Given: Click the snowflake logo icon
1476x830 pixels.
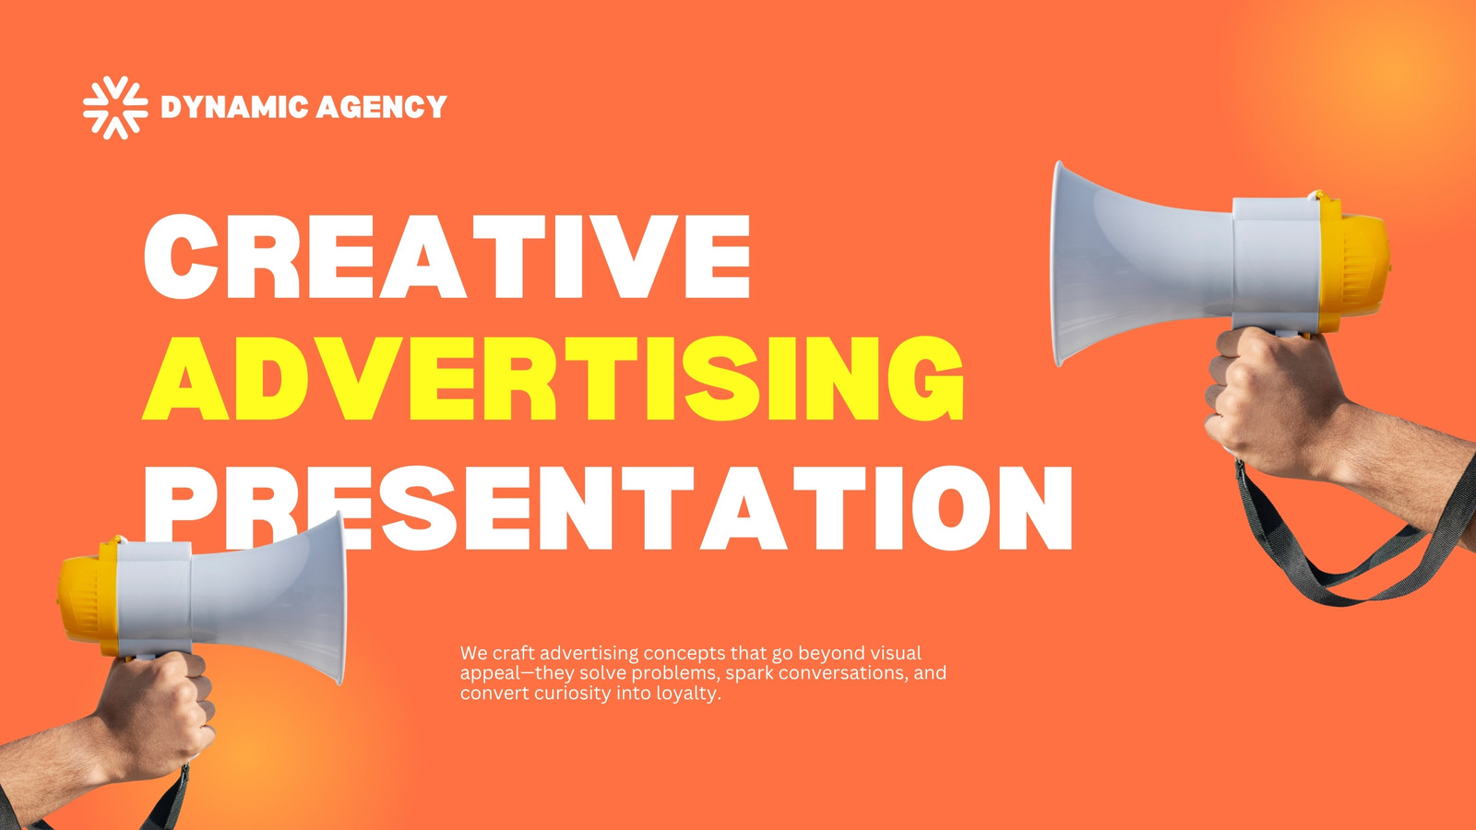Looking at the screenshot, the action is [x=115, y=107].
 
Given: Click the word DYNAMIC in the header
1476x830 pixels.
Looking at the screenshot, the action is [x=234, y=107].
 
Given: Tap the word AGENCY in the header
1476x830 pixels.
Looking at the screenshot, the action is [x=382, y=107].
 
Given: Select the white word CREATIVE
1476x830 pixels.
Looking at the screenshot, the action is [x=446, y=257].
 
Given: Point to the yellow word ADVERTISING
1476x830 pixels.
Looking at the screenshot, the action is [x=553, y=378].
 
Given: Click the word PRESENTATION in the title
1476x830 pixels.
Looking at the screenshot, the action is [x=608, y=508].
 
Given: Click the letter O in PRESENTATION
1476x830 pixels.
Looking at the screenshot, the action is [x=954, y=508].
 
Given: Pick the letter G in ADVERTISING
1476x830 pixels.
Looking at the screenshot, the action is [x=926, y=378].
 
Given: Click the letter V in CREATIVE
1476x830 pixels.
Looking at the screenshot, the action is [x=629, y=257].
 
